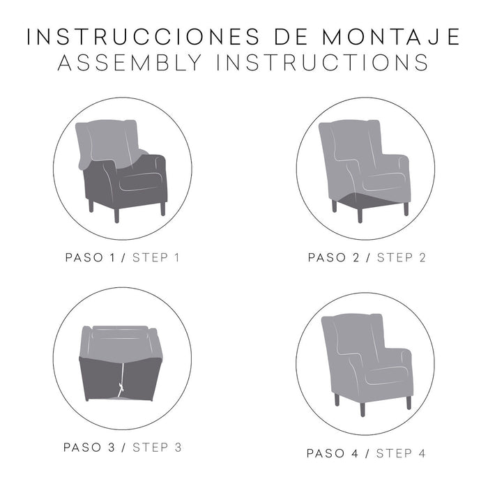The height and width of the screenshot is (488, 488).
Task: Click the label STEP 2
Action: (x=401, y=258)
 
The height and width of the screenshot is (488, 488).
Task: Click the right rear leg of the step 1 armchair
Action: (x=162, y=207)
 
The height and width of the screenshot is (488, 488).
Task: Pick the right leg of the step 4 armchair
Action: (x=408, y=402)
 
